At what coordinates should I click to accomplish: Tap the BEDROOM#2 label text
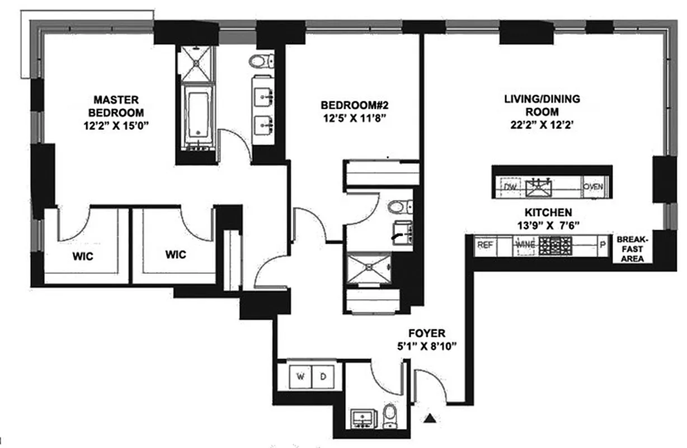[x=354, y=105]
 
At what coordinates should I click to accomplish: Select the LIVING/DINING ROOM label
[x=542, y=105]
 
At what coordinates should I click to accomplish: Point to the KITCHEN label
[x=548, y=213]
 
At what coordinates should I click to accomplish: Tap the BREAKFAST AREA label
[x=630, y=249]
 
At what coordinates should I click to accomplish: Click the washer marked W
[x=300, y=377]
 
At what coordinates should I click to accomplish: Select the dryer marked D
[x=323, y=377]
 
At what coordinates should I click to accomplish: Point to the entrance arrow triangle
[x=430, y=417]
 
